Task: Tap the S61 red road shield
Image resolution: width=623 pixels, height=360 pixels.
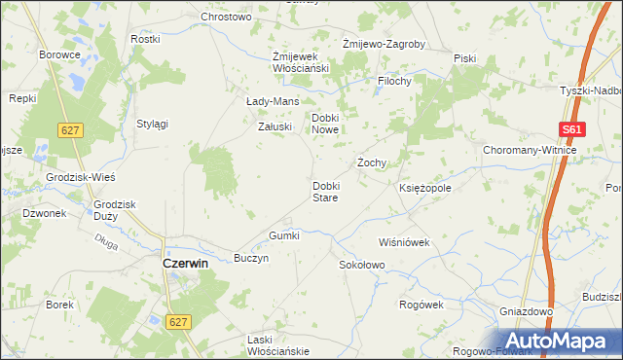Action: click(572, 129)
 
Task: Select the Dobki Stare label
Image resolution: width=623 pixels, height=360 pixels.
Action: click(325, 191)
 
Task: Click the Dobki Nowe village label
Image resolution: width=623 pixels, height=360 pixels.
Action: click(325, 124)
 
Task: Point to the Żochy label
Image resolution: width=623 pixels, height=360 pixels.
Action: click(373, 162)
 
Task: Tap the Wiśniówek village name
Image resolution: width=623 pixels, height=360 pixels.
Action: click(404, 242)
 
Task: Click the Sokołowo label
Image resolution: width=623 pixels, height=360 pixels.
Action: click(362, 265)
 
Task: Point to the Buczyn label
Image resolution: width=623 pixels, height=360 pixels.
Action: click(251, 259)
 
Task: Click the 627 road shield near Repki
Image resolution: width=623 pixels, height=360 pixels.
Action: click(68, 129)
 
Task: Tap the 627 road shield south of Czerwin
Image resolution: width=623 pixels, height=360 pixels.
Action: click(177, 321)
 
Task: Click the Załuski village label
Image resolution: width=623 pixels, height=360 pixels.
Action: click(274, 126)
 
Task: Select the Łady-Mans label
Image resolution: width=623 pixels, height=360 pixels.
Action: click(273, 101)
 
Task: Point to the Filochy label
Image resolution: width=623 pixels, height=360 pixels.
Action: click(395, 82)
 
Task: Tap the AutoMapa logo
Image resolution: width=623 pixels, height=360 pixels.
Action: click(558, 341)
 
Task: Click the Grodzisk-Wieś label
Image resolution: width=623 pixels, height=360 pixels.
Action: click(82, 178)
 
